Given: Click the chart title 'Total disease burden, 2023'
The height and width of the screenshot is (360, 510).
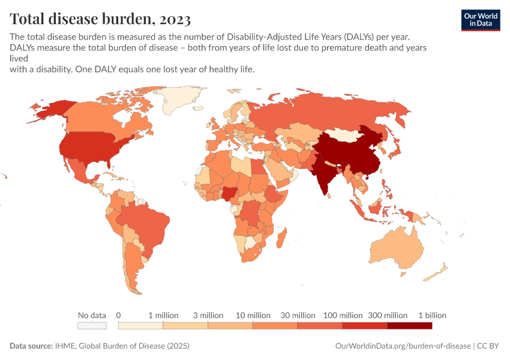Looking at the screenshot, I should coord(100,19).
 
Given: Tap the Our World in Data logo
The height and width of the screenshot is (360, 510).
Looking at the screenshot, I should coord(480,20).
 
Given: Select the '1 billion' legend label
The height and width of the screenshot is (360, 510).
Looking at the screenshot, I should coord(432,315).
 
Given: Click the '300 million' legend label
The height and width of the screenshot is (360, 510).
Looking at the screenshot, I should coord(387,315).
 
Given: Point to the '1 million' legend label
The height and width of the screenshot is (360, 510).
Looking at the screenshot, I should coord(163,315).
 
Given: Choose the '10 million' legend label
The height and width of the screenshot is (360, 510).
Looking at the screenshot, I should coord(253,315).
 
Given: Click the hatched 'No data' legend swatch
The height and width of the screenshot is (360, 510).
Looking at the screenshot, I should coord(92,326).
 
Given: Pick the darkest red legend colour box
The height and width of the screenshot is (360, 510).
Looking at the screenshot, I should coord(409,326).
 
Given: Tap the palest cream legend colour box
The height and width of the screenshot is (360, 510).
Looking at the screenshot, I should coord(140,326).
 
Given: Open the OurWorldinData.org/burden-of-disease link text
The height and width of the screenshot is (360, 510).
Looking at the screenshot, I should coord(401,346).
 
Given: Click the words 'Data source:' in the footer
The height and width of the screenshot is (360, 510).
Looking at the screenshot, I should coord(31,346).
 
